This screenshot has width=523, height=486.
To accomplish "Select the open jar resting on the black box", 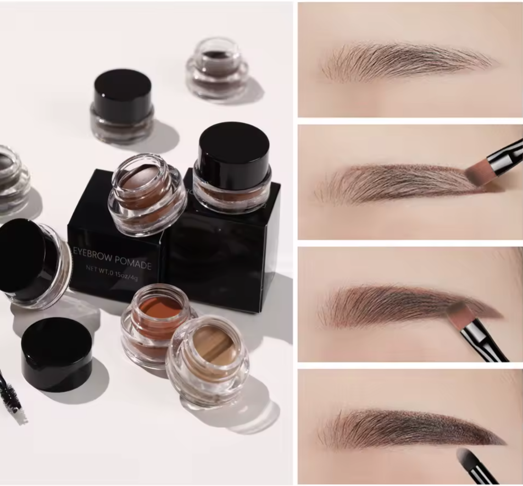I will tap(147, 193).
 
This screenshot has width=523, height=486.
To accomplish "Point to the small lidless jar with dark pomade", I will tap(216, 68).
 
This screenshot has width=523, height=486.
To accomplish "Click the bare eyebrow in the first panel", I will tap(407, 59).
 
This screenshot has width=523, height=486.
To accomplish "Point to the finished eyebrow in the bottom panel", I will tap(409, 428).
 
